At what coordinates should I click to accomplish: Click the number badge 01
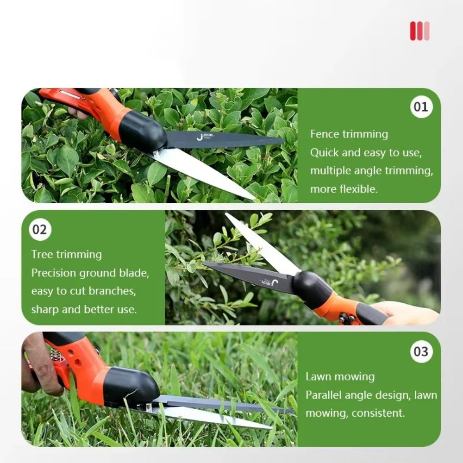click(421, 107)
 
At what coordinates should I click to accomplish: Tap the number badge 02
click(40, 230)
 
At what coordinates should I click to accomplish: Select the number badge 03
click(421, 351)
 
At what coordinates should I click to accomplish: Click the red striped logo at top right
click(419, 31)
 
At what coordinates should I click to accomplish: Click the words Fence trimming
click(349, 134)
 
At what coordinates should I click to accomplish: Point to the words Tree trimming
click(66, 255)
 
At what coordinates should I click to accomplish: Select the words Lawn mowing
click(340, 377)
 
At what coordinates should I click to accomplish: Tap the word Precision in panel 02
click(53, 273)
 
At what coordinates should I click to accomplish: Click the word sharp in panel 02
click(44, 309)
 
